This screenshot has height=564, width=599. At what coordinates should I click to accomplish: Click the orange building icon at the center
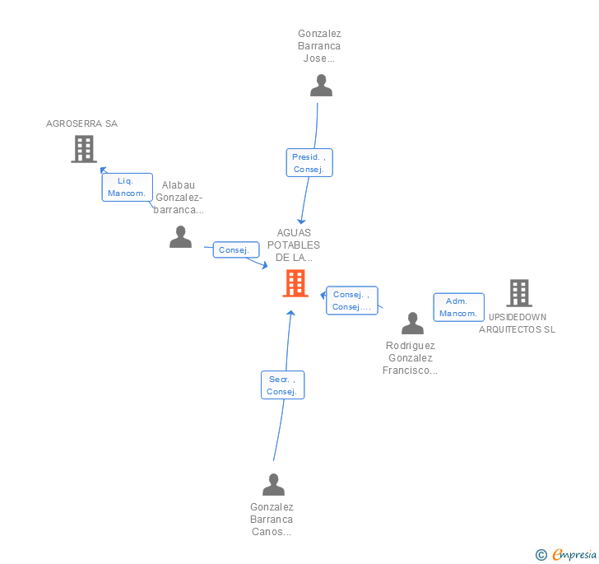(295, 283)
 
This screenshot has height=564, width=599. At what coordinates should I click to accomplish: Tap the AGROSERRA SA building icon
(83, 149)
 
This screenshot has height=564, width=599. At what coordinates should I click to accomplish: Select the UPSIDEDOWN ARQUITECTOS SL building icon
(518, 293)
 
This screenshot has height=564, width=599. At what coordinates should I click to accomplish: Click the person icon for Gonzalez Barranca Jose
(321, 86)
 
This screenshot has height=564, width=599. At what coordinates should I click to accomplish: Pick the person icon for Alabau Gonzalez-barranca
(180, 237)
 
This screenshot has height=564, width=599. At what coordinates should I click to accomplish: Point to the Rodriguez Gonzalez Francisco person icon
(412, 324)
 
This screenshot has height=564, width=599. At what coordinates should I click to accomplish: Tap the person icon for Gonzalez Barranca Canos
(273, 485)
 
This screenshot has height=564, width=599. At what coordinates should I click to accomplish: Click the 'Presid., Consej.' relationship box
(309, 163)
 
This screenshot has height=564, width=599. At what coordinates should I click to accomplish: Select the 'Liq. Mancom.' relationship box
(127, 187)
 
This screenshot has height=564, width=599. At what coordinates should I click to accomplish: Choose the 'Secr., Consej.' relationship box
(282, 385)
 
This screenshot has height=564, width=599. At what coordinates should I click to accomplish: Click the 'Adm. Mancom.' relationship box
(457, 307)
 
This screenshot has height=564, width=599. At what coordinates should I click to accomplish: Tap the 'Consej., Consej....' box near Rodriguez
(352, 301)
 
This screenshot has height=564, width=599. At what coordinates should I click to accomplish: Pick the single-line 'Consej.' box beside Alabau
(236, 249)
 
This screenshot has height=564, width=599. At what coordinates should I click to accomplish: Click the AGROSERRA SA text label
(81, 124)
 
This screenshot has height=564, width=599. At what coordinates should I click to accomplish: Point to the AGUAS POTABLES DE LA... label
(294, 245)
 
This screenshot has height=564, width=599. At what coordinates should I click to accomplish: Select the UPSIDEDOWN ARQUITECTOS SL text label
(518, 323)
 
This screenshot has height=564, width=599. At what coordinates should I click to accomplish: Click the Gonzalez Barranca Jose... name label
(319, 46)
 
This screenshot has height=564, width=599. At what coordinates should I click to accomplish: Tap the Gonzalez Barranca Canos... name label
(272, 520)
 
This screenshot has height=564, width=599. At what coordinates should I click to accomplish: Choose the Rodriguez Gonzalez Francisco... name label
(410, 358)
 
